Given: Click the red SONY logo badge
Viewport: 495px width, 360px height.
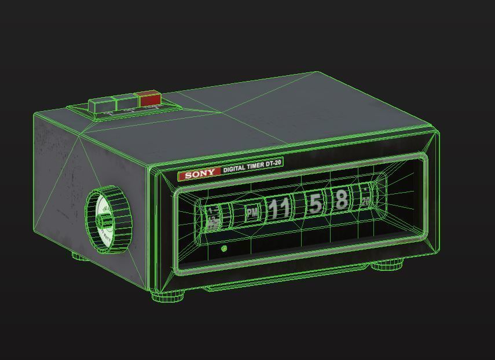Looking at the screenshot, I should tap(199, 173).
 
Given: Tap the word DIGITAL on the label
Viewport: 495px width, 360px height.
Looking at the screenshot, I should tap(235, 169).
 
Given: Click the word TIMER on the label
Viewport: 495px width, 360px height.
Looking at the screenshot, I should tap(256, 167).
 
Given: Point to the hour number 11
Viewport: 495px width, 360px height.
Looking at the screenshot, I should tap(279, 208).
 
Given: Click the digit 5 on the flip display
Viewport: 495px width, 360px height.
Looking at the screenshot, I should tap(316, 204).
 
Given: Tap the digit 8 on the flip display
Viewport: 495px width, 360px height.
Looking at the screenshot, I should tap(342, 200).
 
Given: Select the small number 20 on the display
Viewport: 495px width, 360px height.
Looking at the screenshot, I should tap(366, 201).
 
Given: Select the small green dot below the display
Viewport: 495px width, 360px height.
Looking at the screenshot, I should tap(224, 249).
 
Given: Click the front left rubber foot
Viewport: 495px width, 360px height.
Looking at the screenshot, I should tap(169, 296).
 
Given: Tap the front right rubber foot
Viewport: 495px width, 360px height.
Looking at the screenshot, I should tap(387, 266).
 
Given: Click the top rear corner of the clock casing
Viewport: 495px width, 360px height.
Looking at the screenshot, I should tap(317, 73).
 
